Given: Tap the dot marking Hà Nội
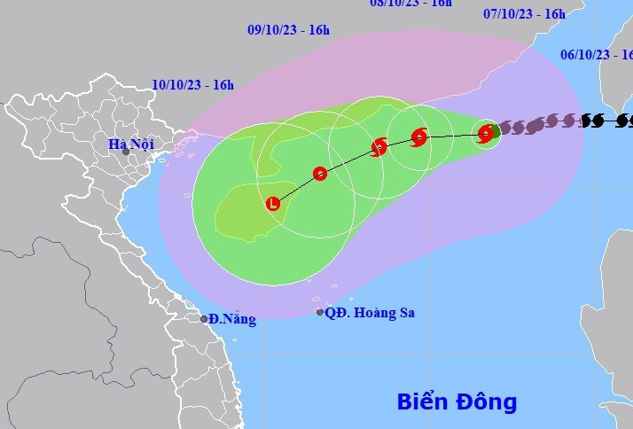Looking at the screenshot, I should pyautogui.click(x=126, y=152).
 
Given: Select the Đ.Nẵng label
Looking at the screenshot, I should pyautogui.click(x=233, y=319).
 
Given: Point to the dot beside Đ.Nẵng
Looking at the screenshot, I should pyautogui.click(x=204, y=319).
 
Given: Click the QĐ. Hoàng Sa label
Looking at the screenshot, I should pyautogui.click(x=370, y=312).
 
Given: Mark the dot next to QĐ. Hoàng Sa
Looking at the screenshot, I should pyautogui.click(x=320, y=312).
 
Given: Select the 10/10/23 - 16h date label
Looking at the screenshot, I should pyautogui.click(x=192, y=85).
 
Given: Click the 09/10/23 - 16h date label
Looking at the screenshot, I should pyautogui.click(x=288, y=30).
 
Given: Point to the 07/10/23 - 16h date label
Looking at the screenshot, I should pyautogui.click(x=524, y=13).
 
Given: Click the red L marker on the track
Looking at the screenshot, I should pyautogui.click(x=273, y=204).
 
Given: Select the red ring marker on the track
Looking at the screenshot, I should pyautogui.click(x=320, y=174).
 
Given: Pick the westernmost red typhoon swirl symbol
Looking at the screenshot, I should pyautogui.click(x=379, y=147).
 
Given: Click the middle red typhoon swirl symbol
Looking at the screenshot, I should pyautogui.click(x=419, y=137).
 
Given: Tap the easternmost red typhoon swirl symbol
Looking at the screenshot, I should pyautogui.click(x=485, y=134).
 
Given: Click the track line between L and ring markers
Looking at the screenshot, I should pyautogui.click(x=296, y=187).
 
